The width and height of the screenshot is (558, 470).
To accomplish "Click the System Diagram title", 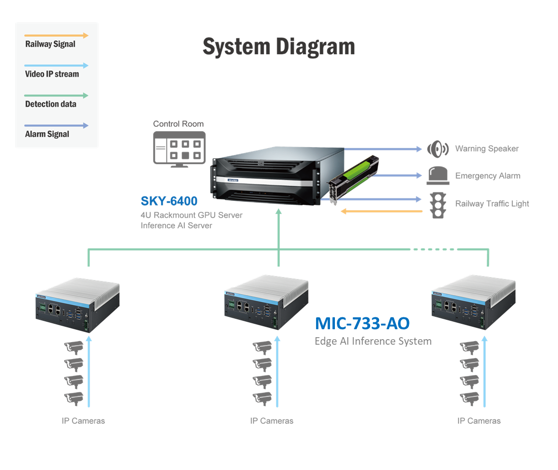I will tap(279, 47).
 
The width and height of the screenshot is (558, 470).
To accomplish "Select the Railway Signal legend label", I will tap(50, 44).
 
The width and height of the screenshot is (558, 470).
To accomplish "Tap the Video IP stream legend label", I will tap(52, 74).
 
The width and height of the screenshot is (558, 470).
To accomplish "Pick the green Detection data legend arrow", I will tap(57, 95).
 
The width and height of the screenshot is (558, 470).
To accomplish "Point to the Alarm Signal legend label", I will tap(47, 134).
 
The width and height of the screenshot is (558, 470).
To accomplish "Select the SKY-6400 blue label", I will tap(169, 201).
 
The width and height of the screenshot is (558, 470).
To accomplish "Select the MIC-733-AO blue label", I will tap(362, 323).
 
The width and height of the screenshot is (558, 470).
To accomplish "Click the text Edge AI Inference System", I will tap(373, 341).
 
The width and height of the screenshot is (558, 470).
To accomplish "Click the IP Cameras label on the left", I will tap(83, 421).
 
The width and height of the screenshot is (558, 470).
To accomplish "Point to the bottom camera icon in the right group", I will tap(470, 398).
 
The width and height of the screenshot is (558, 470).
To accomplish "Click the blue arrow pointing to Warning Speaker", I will tap(383, 149).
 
